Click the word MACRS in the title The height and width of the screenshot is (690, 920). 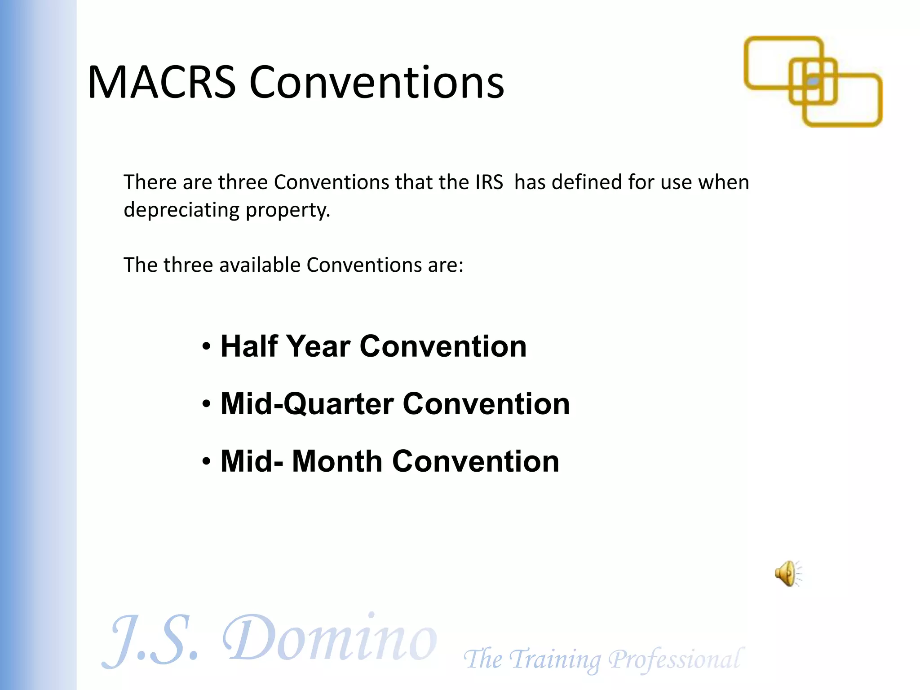[162, 83]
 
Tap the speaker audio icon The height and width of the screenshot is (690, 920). [787, 574]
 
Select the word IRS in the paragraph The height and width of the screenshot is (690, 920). [489, 182]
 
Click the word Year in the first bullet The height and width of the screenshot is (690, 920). [318, 346]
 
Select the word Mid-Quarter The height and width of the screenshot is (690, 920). [306, 404]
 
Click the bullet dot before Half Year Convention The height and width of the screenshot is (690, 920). [206, 347]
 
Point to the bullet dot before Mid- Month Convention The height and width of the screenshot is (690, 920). [206, 462]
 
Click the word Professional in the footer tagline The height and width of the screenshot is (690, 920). [674, 659]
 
